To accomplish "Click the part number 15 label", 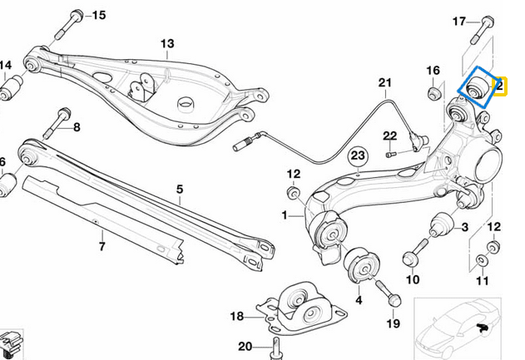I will [98, 15].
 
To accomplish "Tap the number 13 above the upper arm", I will [167, 43].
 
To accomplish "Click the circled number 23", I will [357, 155].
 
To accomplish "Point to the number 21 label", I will [384, 82].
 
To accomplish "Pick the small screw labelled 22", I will [391, 152].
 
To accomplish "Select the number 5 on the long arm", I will [178, 190].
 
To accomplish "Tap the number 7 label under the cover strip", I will [102, 247].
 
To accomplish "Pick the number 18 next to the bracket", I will [237, 316].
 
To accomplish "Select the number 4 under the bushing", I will [358, 299].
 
